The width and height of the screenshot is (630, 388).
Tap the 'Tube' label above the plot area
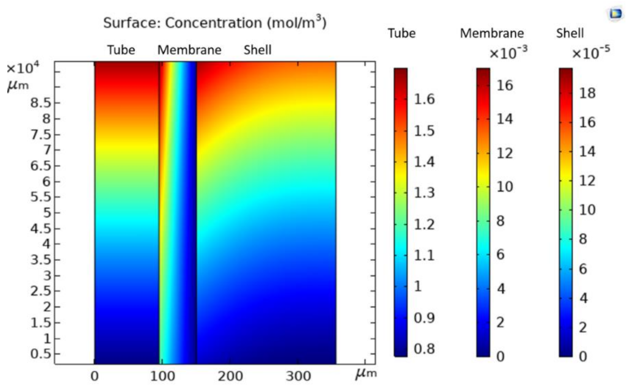[121, 50]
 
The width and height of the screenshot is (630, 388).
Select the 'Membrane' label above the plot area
[189, 50]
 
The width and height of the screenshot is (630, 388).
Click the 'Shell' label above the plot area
[257, 50]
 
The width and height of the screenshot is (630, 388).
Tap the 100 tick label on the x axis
[162, 376]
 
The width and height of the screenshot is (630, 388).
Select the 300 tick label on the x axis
[298, 376]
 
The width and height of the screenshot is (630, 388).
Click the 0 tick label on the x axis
[94, 376]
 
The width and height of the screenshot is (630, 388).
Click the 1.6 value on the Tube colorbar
[424, 99]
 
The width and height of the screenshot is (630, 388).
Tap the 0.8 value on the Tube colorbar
[424, 349]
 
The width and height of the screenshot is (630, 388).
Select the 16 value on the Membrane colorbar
[505, 85]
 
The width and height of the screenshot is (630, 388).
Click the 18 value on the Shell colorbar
[587, 93]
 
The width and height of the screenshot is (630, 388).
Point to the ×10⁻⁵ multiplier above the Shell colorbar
[591, 53]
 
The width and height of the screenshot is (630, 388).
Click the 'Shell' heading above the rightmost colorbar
[570, 33]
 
